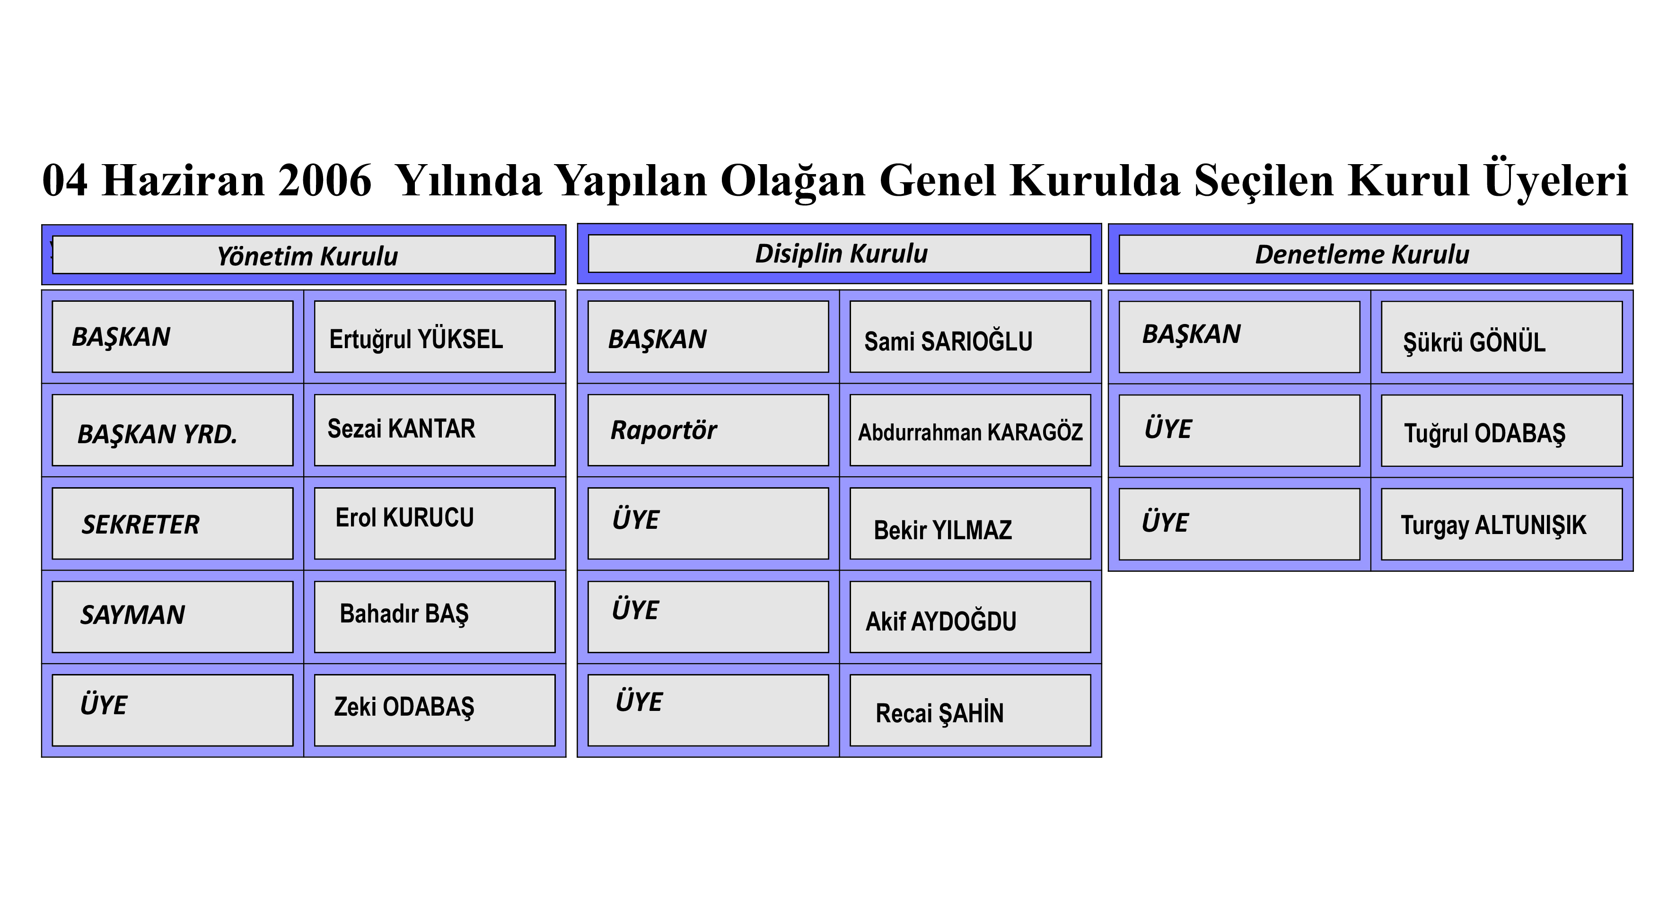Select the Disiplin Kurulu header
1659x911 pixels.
pyautogui.click(x=839, y=254)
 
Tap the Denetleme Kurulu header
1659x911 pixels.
pyautogui.click(x=1370, y=254)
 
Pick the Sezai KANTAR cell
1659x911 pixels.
pyautogui.click(x=435, y=430)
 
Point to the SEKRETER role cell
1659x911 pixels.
pyautogui.click(x=173, y=524)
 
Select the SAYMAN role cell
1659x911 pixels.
pyautogui.click(x=173, y=617)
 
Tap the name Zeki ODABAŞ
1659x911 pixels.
pyautogui.click(x=404, y=707)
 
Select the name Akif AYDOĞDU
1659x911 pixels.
pyautogui.click(x=941, y=621)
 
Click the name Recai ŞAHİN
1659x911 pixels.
pyautogui.click(x=939, y=713)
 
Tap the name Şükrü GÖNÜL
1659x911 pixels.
pyautogui.click(x=1474, y=342)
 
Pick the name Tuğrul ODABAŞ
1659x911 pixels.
pyautogui.click(x=1484, y=434)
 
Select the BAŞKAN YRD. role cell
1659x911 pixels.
pyautogui.click(x=173, y=430)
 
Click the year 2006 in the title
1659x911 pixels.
pyautogui.click(x=325, y=180)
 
